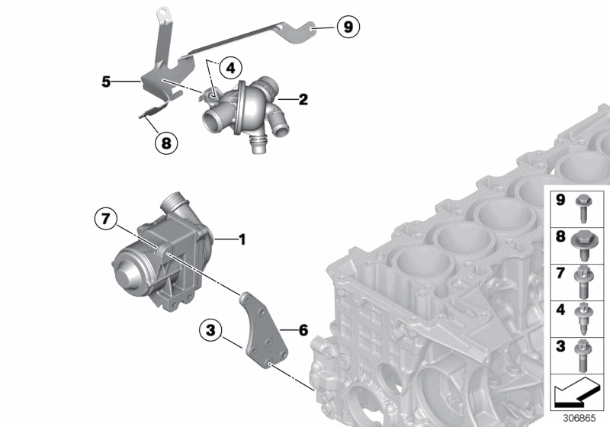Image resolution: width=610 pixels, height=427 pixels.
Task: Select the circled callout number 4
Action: coord(228,68)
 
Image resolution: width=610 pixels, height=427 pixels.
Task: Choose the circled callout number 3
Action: coord(210,331)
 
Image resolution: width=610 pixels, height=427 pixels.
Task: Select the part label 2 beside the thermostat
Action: coord(303,98)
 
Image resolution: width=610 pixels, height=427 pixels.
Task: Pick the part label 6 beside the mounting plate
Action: coord(303,330)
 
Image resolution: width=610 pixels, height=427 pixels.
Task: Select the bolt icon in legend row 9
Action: coord(586,204)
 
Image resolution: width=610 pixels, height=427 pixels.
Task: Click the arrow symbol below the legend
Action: coord(577,395)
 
